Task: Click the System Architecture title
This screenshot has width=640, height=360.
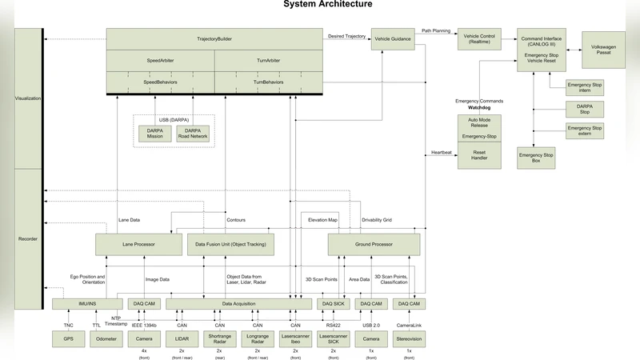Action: [x=327, y=5]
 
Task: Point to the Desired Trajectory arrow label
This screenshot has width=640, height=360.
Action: [x=346, y=36]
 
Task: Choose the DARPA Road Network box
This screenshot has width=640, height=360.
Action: [x=193, y=133]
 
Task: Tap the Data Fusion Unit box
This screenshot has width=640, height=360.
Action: [x=230, y=244]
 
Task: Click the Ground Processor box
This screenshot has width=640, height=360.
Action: [x=374, y=244]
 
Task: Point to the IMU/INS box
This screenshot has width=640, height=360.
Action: [x=86, y=304]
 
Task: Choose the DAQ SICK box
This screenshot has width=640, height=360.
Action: [x=334, y=304]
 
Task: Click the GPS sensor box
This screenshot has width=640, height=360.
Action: [x=69, y=338]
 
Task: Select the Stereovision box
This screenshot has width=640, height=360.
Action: [x=410, y=338]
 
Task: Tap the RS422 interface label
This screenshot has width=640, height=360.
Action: [x=334, y=325]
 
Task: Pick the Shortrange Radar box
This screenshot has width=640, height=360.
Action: [x=220, y=338]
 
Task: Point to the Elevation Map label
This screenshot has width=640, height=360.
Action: [x=322, y=219]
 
